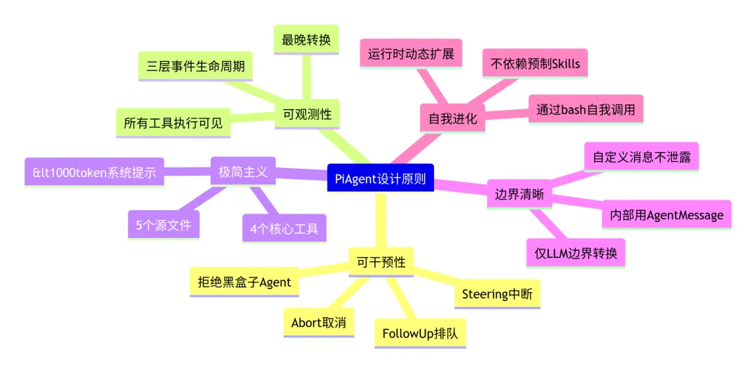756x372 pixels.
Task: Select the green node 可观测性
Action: [307, 113]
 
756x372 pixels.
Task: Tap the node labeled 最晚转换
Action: [306, 40]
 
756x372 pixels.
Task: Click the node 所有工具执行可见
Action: [173, 123]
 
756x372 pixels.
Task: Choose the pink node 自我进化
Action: [452, 118]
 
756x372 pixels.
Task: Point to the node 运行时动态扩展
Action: [411, 53]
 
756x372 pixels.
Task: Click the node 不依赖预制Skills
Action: [535, 64]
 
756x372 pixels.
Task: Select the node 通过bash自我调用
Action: [585, 109]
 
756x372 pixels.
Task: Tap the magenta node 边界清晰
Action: [519, 195]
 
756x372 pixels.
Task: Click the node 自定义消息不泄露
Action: [641, 157]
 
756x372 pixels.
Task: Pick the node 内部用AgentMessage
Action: [666, 214]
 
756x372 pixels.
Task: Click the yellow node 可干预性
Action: [381, 262]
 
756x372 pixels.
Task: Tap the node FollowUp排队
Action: [420, 333]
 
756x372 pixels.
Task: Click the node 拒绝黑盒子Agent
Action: [244, 282]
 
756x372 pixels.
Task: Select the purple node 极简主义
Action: [243, 172]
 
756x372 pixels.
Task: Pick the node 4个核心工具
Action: [284, 228]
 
